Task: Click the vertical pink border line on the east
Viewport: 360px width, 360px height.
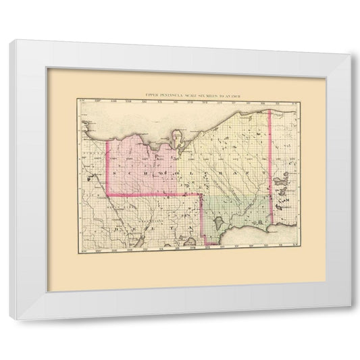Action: (272, 169)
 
